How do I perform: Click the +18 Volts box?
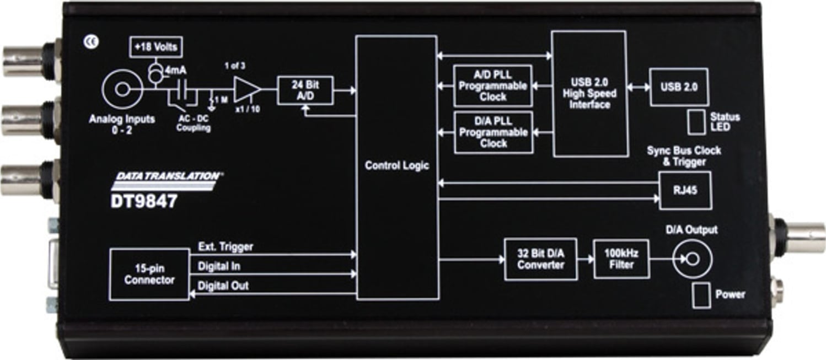pos(155,47)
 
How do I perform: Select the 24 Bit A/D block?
pos(305,90)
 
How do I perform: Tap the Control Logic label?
pos(396,166)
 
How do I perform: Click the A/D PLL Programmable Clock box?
pos(492,85)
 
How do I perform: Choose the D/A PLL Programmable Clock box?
pos(492,132)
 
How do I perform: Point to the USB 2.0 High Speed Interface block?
pos(589,94)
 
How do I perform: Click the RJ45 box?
pos(685,191)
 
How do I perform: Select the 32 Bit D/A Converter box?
pos(540,259)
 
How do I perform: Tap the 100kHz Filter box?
pos(621,259)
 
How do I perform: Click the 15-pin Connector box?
pos(149,274)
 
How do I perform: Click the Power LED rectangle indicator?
pos(701,296)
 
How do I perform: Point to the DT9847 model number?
pos(144,201)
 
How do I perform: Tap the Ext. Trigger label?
pos(226,247)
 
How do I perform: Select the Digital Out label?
pos(223,286)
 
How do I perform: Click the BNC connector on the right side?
pos(801,237)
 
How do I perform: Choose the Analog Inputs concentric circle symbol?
pos(122,90)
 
